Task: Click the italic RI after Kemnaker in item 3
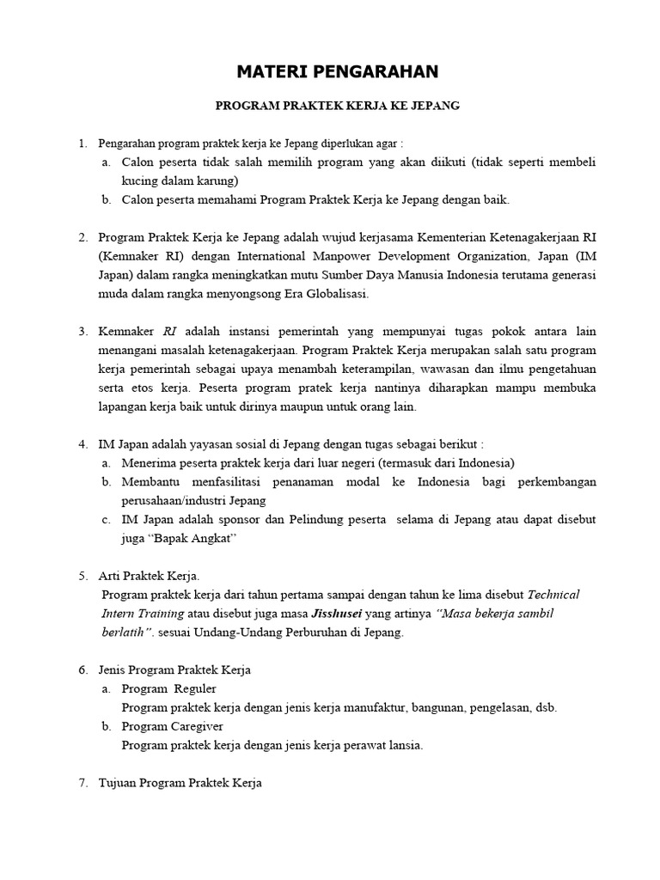click(169, 331)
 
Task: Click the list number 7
click(82, 783)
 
